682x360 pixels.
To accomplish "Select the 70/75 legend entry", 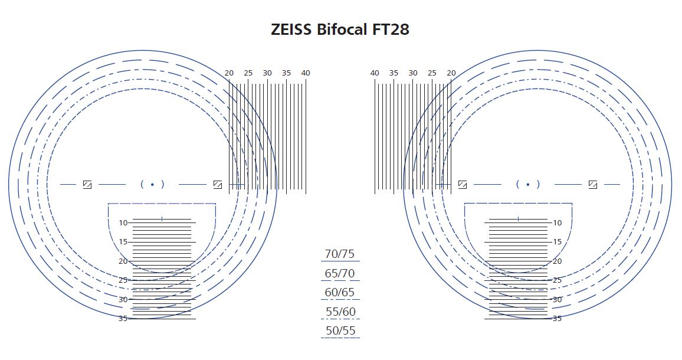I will [340, 254].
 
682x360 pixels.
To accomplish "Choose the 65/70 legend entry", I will [340, 274].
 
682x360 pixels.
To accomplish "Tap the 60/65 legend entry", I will [340, 293].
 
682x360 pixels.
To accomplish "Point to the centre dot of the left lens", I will [152, 185].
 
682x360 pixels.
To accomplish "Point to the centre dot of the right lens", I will [528, 185].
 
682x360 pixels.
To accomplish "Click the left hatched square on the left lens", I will [87, 185].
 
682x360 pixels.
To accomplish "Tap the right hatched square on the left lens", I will [217, 185].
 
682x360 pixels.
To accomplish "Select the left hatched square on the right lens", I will [463, 185].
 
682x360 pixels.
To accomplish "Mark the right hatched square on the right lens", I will [593, 185].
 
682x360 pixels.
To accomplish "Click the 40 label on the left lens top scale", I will [305, 73].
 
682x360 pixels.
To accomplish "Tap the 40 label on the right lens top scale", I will [375, 73].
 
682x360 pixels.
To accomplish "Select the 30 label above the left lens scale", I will [267, 73].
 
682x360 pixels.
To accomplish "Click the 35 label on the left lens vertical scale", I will [123, 319].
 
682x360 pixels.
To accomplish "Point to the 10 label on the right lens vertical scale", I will [558, 223].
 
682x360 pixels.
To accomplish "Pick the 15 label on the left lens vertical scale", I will [123, 242].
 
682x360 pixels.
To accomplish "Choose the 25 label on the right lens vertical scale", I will [558, 280].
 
